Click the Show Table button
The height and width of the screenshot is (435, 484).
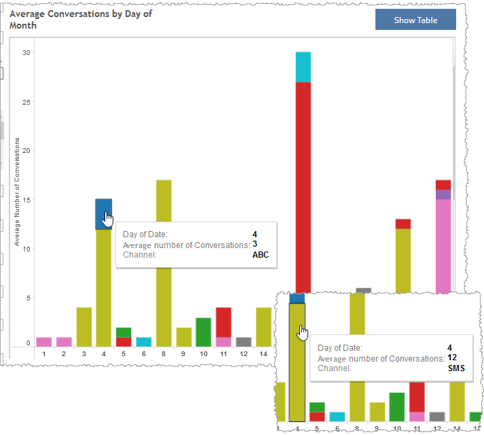[x=415, y=20]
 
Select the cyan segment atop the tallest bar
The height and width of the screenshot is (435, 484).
[x=303, y=67]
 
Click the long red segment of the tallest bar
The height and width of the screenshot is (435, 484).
[x=303, y=184]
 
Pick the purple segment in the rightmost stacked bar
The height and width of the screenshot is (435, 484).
[x=443, y=194]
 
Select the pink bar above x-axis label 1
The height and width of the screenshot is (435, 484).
[x=44, y=342]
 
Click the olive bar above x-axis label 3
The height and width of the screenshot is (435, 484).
[x=84, y=327]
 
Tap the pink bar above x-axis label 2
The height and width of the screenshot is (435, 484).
[x=64, y=342]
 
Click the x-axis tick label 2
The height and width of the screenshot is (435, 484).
[x=64, y=353]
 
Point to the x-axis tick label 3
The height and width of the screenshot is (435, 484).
[x=84, y=353]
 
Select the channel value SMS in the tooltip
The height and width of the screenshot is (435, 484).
[x=456, y=368]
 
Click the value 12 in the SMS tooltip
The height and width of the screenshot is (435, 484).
[x=451, y=358]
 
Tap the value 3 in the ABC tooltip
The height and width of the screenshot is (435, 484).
[x=255, y=245]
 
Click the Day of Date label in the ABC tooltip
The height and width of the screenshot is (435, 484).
[x=145, y=234]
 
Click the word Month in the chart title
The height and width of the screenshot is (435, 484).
[x=23, y=25]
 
